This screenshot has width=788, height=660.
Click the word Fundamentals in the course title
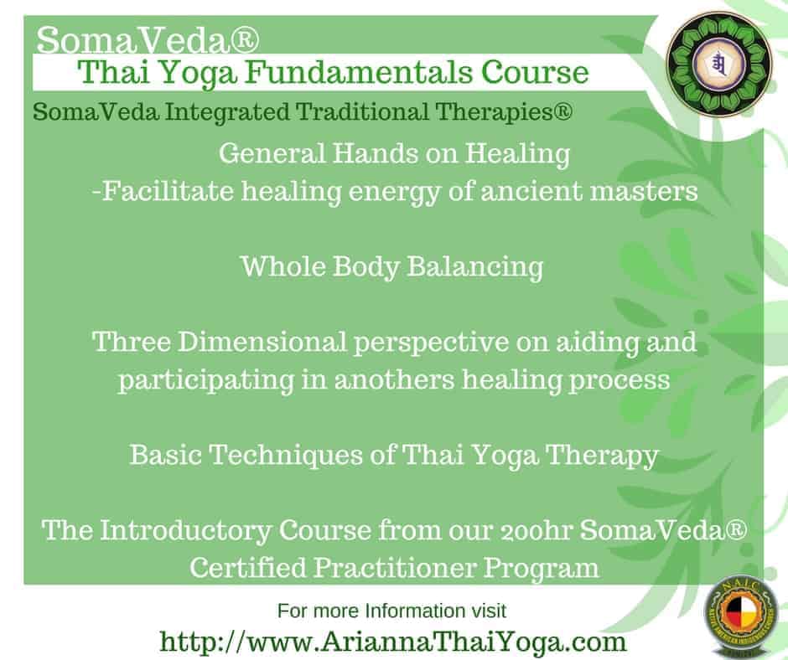pyautogui.click(x=360, y=72)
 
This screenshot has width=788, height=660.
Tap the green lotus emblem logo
pyautogui.click(x=718, y=63)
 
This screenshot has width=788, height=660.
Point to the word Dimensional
pyautogui.click(x=262, y=342)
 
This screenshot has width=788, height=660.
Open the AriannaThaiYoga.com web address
pyautogui.click(x=393, y=642)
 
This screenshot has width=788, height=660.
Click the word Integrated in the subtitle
pyautogui.click(x=227, y=112)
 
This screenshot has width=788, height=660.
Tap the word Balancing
pyautogui.click(x=475, y=266)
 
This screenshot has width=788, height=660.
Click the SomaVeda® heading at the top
pyautogui.click(x=148, y=40)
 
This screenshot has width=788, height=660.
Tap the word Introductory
pyautogui.click(x=185, y=531)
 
